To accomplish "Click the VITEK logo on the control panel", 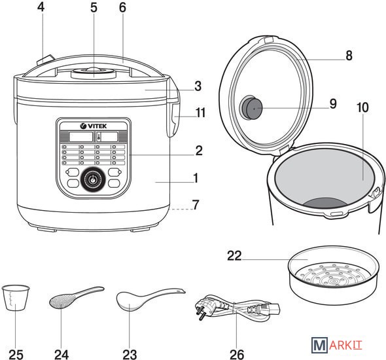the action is (94, 126).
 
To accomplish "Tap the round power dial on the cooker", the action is (93, 179).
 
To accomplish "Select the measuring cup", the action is (16, 298).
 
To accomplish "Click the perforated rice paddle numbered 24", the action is (77, 297).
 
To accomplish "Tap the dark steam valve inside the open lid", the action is (251, 107).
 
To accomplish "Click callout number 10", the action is (362, 107).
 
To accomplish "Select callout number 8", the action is (349, 56).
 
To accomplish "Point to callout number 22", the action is (234, 256).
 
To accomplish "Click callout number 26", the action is (237, 354).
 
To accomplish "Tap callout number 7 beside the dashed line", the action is (196, 205).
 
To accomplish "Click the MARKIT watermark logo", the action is (337, 345).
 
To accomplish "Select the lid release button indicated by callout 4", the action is (46, 60).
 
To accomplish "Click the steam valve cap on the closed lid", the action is (94, 73).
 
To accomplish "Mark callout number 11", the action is (200, 113).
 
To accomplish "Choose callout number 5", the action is (94, 8).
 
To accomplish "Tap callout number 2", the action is (199, 151).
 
